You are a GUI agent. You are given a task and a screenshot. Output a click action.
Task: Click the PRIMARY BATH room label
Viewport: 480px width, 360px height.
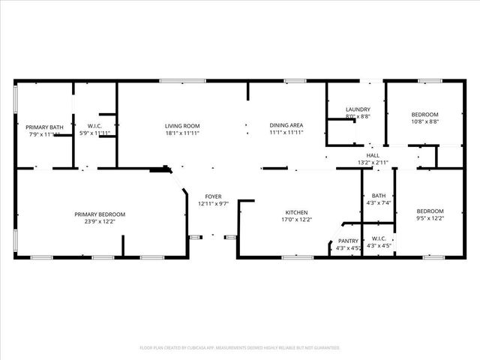tap(42, 127)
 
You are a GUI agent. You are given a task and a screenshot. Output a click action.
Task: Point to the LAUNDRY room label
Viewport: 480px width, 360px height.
tap(358, 110)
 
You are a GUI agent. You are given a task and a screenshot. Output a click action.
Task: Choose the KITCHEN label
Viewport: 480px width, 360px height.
tap(296, 212)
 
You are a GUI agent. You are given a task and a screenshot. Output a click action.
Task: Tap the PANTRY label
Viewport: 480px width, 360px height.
tap(349, 241)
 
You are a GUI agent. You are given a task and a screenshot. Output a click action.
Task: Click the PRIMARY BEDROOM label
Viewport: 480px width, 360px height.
tap(100, 214)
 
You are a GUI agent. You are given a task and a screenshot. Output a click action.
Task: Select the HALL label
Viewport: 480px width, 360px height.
tap(373, 155)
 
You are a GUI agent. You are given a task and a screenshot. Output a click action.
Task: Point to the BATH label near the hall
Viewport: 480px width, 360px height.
tap(379, 196)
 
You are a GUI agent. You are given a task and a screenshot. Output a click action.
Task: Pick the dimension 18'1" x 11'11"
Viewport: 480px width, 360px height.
tap(182, 133)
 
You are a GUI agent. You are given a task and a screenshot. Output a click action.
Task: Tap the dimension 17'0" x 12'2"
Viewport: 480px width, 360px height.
tap(296, 220)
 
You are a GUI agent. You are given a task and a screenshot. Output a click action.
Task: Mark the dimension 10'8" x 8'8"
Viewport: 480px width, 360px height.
tap(424, 121)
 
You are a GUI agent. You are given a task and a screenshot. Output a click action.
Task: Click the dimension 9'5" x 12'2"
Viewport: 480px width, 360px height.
tap(430, 218)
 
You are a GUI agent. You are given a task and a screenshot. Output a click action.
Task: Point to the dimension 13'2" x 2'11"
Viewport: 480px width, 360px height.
tap(373, 162)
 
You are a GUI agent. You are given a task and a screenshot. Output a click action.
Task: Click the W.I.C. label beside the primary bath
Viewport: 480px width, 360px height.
tap(94, 126)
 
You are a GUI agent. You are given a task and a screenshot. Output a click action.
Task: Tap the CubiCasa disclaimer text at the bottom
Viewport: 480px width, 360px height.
tap(240, 347)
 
